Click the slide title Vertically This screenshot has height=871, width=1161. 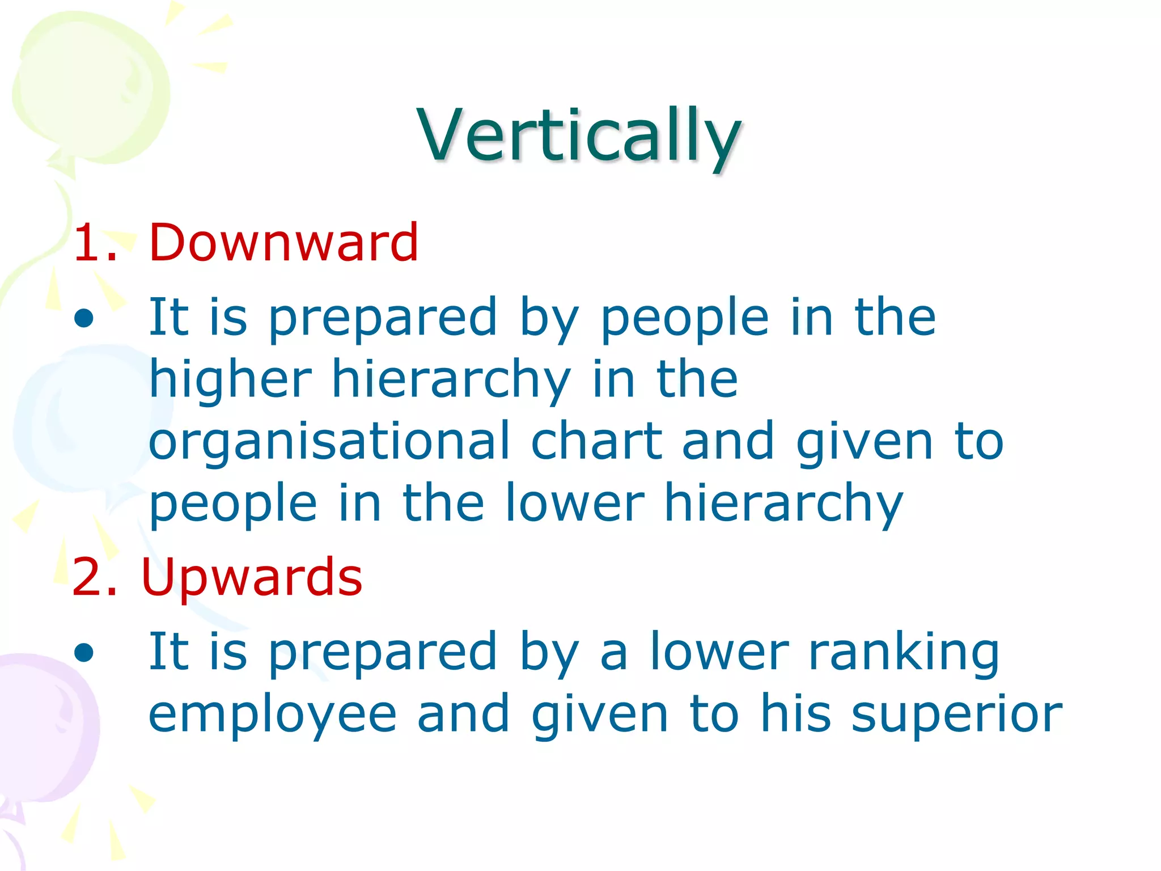click(x=579, y=136)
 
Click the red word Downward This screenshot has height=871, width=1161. click(x=283, y=243)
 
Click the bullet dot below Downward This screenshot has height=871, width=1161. click(x=84, y=318)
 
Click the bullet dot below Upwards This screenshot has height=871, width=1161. click(x=84, y=652)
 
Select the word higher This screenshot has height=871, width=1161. click(x=230, y=380)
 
